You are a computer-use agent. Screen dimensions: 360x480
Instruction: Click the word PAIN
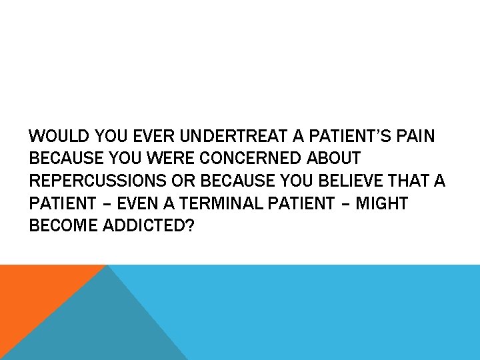416,137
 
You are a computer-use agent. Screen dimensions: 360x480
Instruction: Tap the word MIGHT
381,203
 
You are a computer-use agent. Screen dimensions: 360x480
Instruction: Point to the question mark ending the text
190,225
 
